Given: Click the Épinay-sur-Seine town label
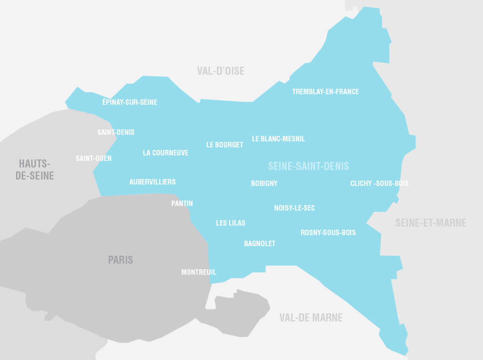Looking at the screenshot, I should pos(130,102).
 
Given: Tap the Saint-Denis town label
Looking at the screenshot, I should pos(116,132).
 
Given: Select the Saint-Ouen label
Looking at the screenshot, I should pos(94,158).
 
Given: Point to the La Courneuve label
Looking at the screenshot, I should pos(165,153).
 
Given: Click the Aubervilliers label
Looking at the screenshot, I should pos(152,182).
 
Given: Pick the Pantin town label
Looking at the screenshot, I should pos(182,204).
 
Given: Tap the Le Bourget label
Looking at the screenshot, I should pos(224,145).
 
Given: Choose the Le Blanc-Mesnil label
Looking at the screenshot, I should pos(278,139).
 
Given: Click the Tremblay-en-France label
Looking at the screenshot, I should pos(325,92).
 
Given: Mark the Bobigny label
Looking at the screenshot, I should pos(264,184).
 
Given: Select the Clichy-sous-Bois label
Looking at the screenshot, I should pos(379,184).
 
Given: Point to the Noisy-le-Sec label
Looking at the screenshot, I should pos(295,208).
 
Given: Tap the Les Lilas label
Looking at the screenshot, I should pos(230,223).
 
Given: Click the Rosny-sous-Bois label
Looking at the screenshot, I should pos(328,233).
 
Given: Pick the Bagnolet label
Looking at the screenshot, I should pos(260,244).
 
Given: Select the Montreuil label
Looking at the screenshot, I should pos(198,272).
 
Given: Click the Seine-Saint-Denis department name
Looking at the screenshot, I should pos(308,166).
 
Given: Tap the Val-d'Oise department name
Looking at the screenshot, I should pos(220,71).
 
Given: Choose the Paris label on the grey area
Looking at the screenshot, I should pos(121,260).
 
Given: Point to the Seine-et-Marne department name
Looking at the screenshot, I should pos(430,223).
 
